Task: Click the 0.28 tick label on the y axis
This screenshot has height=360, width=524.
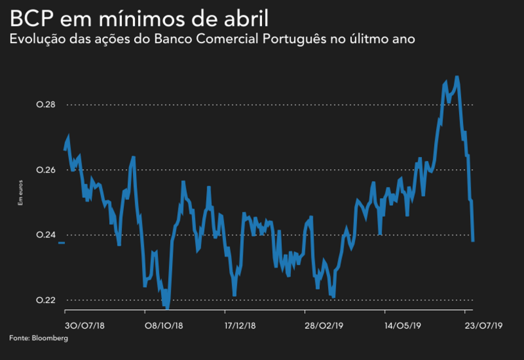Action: (46, 105)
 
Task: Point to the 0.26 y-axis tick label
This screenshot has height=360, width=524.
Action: (46, 170)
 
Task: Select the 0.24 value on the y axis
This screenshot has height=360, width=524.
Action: (46, 235)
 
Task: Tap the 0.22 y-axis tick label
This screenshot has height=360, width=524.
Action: (46, 300)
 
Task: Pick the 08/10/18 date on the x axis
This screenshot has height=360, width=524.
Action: (163, 326)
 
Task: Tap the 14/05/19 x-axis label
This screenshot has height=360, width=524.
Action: (403, 326)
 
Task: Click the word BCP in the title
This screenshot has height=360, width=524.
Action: (30, 17)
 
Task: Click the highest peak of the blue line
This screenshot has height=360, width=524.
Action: (457, 78)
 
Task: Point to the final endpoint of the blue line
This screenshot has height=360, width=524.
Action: (473, 241)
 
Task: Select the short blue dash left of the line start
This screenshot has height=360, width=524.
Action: (61, 243)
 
